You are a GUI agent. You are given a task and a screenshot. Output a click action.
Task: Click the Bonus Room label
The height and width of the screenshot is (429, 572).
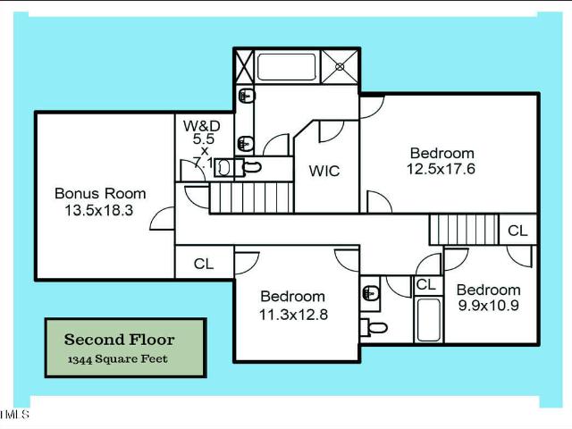click(x=100, y=193)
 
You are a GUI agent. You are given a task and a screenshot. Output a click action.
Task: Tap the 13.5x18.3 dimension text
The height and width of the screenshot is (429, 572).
click(x=99, y=210)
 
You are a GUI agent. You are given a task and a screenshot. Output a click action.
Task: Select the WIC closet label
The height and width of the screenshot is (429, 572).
click(x=324, y=171)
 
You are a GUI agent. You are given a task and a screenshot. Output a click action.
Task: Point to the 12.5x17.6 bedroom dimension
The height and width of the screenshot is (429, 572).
click(x=441, y=169)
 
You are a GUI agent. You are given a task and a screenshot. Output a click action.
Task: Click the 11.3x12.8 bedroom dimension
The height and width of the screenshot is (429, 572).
click(x=293, y=314)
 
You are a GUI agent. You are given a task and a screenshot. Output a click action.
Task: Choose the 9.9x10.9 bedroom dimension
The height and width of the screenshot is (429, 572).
click(x=489, y=305)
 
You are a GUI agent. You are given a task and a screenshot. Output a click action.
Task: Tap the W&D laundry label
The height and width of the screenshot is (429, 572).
click(x=202, y=126)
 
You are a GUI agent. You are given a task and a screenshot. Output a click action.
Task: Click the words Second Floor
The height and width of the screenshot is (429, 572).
click(x=119, y=340)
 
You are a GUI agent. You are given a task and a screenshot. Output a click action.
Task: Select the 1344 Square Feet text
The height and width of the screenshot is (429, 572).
click(x=117, y=359)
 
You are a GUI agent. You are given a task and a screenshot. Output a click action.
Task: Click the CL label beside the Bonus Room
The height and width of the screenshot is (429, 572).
click(x=204, y=264)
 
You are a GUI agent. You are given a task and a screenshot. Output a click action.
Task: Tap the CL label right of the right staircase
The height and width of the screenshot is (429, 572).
click(x=517, y=231)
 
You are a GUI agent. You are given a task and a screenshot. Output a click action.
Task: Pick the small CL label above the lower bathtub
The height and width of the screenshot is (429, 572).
click(x=426, y=284)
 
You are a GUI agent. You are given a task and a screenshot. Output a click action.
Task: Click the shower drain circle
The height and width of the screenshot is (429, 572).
click(x=340, y=67)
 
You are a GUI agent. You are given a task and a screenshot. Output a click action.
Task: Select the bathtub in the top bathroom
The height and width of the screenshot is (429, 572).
click(x=286, y=67)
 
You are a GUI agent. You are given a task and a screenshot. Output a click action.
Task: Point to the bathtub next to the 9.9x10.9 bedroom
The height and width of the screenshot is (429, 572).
click(x=429, y=320)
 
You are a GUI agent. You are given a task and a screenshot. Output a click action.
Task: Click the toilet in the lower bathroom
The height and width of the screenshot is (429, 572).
click(x=373, y=327)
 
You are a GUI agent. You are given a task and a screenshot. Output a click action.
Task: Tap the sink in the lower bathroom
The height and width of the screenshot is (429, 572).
click(x=370, y=293)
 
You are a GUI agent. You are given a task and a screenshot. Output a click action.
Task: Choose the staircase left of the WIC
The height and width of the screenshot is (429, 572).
click(x=251, y=198)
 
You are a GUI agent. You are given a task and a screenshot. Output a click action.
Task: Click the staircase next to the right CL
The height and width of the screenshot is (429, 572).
click(x=464, y=230)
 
